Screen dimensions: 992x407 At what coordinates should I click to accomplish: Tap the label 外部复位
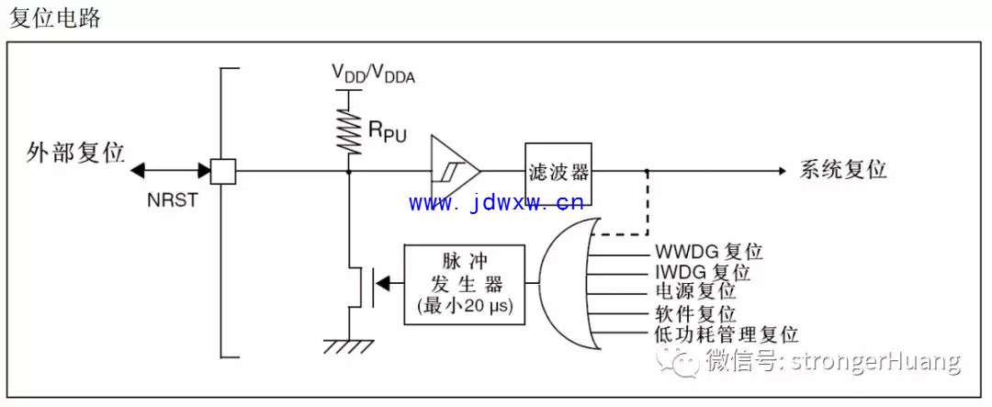click(x=75, y=153)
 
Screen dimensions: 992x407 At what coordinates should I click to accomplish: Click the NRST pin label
click(x=172, y=200)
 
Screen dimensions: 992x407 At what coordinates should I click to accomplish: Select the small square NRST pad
click(x=222, y=171)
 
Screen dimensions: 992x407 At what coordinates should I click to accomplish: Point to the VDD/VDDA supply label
click(x=374, y=74)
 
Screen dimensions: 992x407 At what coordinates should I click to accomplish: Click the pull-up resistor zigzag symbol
click(x=349, y=130)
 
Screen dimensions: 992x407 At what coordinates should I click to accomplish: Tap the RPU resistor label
click(x=387, y=131)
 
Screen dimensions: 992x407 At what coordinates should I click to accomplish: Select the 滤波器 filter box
click(x=558, y=174)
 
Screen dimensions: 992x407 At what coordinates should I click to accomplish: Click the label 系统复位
click(x=843, y=170)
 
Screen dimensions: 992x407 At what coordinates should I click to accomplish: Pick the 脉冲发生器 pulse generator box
click(x=465, y=285)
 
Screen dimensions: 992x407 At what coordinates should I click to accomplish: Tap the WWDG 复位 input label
click(x=708, y=252)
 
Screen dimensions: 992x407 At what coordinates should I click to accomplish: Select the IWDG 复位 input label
click(x=702, y=272)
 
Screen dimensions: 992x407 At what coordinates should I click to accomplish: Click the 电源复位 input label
click(x=694, y=292)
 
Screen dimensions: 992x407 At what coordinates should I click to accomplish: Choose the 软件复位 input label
click(x=694, y=313)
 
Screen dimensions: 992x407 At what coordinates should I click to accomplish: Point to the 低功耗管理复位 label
click(x=727, y=334)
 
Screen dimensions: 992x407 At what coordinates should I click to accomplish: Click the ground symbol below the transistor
click(x=349, y=347)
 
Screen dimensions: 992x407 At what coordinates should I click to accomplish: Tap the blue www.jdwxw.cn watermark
click(x=495, y=203)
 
